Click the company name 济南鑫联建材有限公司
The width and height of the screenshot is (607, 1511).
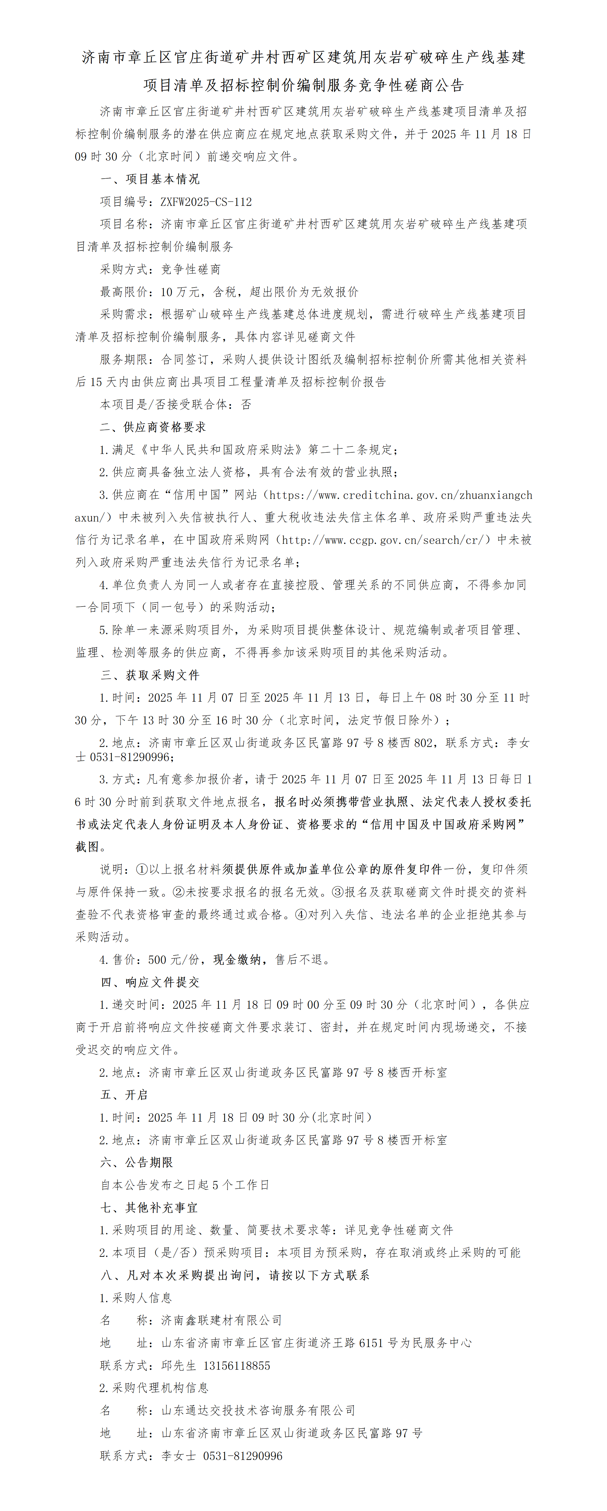coord(222,1320)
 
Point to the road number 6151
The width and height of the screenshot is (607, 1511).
coord(371,1343)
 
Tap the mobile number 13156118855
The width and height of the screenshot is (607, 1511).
coord(236,1365)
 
